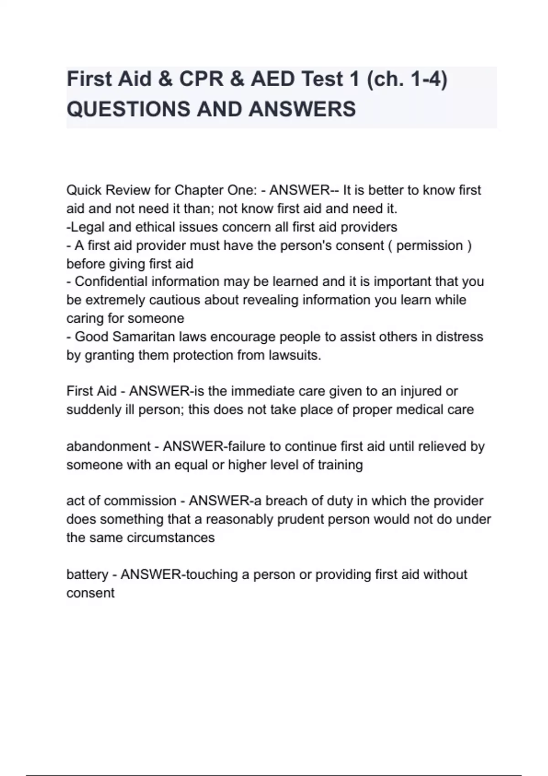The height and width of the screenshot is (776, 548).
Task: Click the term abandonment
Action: [108, 446]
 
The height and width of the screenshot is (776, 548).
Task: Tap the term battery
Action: [87, 574]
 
